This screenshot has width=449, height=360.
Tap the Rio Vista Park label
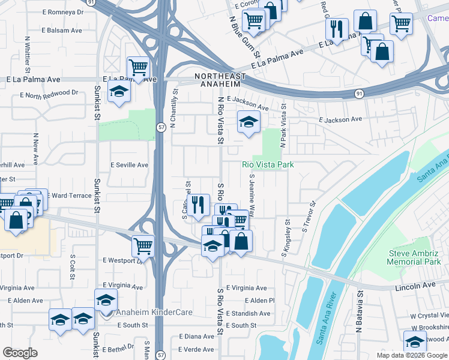[268, 164]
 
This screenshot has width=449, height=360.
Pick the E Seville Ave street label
[129, 165]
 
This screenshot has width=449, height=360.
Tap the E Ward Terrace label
[71, 196]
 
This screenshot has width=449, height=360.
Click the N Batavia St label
[359, 312]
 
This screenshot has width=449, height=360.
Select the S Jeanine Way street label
[253, 196]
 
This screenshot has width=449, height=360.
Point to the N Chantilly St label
[175, 108]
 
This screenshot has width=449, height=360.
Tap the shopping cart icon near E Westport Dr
[143, 244]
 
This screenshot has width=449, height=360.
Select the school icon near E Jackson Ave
[249, 122]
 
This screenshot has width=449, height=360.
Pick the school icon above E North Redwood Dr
[119, 91]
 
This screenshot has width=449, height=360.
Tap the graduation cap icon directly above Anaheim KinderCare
[106, 299]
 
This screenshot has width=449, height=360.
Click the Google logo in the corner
[20, 353]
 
